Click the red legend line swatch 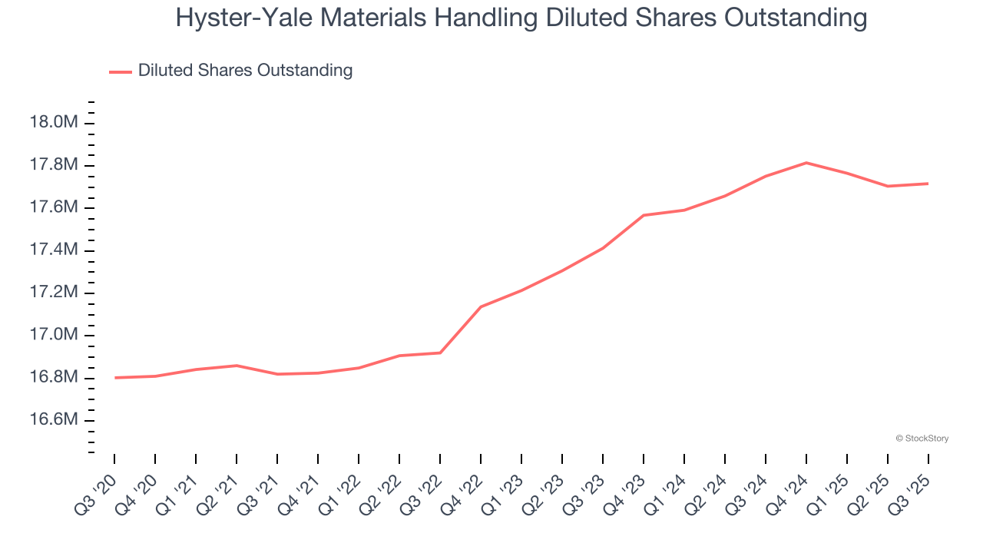tap(121, 71)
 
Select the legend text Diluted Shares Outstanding tap(245, 71)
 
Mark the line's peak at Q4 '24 tap(806, 163)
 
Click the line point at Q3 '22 tap(440, 353)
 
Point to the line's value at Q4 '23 tap(644, 215)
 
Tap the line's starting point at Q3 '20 tap(114, 377)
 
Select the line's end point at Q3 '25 tap(928, 184)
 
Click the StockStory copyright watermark tap(922, 439)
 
